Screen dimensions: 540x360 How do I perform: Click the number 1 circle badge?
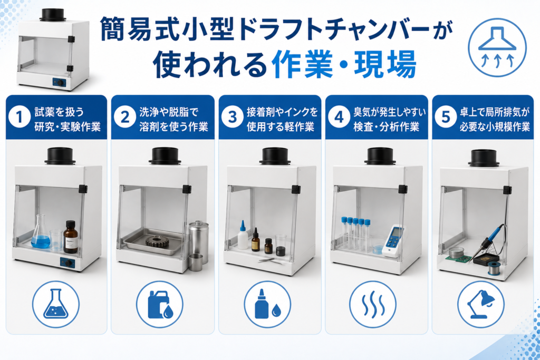tap(20, 117)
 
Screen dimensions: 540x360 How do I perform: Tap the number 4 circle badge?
tap(339, 117)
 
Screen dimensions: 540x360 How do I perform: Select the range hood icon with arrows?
tap(497, 47)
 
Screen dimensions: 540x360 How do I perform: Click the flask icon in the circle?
tap(56, 304)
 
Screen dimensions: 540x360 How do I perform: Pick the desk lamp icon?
tap(481, 304)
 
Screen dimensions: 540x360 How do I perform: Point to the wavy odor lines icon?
tap(373, 304)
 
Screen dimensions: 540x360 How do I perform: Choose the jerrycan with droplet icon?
tap(159, 304)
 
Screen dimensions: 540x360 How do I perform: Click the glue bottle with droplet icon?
tap(267, 304)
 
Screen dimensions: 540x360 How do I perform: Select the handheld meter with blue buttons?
tap(393, 241)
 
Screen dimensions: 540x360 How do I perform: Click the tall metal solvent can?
tap(199, 242)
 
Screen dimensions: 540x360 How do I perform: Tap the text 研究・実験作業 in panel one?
tap(67, 127)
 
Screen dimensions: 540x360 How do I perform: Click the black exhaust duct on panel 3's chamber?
tap(275, 156)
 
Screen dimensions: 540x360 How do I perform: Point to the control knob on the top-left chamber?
tap(60, 83)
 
